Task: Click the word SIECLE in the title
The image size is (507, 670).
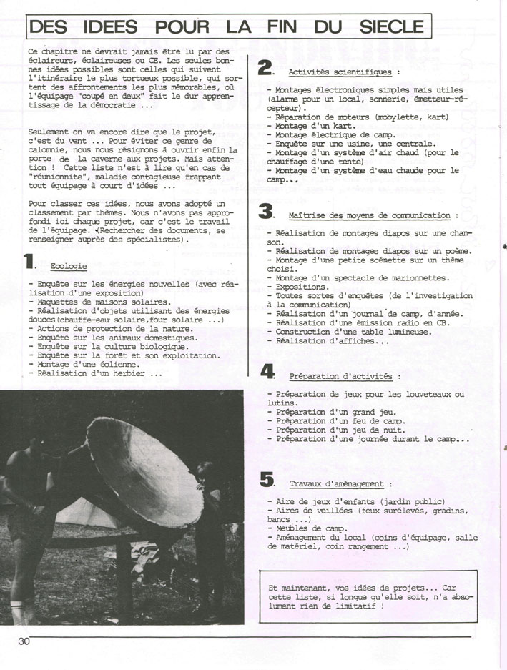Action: [x=391, y=27]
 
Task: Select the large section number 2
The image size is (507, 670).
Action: [x=265, y=68]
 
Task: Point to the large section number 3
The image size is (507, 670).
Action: [x=266, y=211]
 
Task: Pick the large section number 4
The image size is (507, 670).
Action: [x=267, y=371]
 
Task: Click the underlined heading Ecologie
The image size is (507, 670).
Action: [x=69, y=266]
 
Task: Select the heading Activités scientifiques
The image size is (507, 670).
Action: [x=340, y=72]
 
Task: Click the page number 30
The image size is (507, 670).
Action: [x=24, y=641]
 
